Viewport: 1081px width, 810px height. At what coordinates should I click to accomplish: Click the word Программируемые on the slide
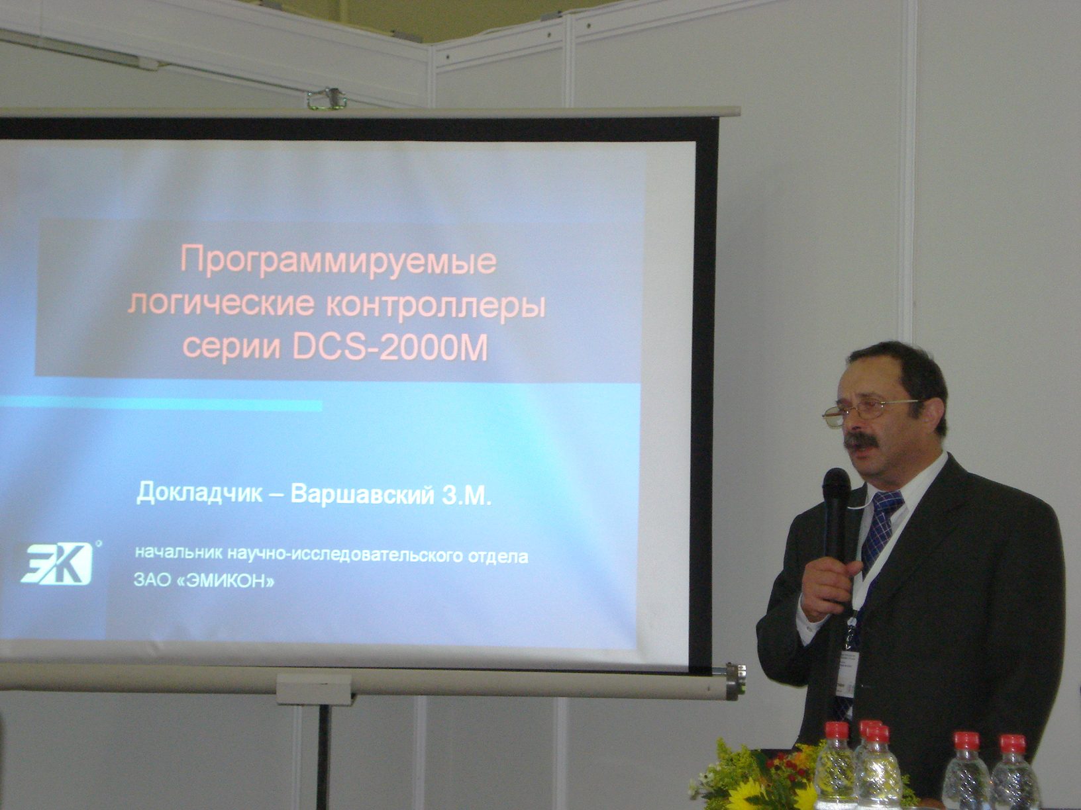click(339, 260)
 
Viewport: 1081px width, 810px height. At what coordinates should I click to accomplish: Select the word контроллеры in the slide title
click(437, 304)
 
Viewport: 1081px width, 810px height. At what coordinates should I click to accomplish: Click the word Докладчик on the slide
click(199, 493)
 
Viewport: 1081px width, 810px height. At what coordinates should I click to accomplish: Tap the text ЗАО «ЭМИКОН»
click(204, 581)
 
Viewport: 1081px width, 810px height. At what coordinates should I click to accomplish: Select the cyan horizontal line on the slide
click(161, 405)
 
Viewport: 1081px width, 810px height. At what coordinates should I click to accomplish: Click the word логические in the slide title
click(222, 304)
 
